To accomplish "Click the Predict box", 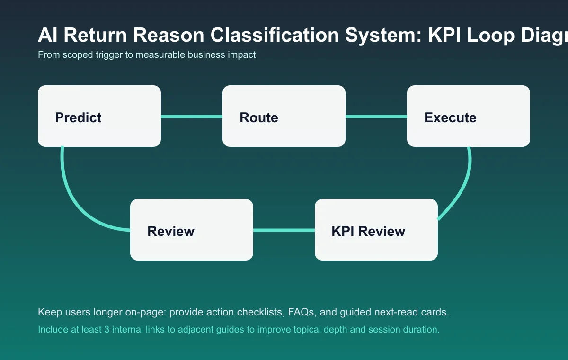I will pyautogui.click(x=99, y=116).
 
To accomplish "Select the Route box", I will pyautogui.click(x=284, y=116).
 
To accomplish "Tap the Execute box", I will pyautogui.click(x=469, y=116).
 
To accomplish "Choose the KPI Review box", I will pyautogui.click(x=376, y=230).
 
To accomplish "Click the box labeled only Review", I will pyautogui.click(x=192, y=230).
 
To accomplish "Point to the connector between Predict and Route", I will pyautogui.click(x=192, y=117).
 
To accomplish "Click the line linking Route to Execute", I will pyautogui.click(x=376, y=117).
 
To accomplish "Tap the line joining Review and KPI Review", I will pyautogui.click(x=284, y=230).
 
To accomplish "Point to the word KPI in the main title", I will pyautogui.click(x=445, y=36).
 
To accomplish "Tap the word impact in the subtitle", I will pyautogui.click(x=243, y=55).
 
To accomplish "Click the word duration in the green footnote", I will pyautogui.click(x=423, y=329).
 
